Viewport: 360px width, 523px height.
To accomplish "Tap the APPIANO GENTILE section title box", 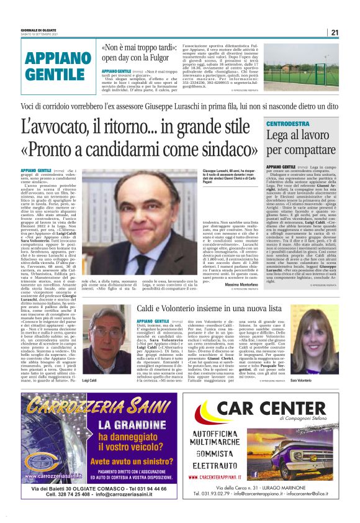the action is pyautogui.click(x=55, y=66).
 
